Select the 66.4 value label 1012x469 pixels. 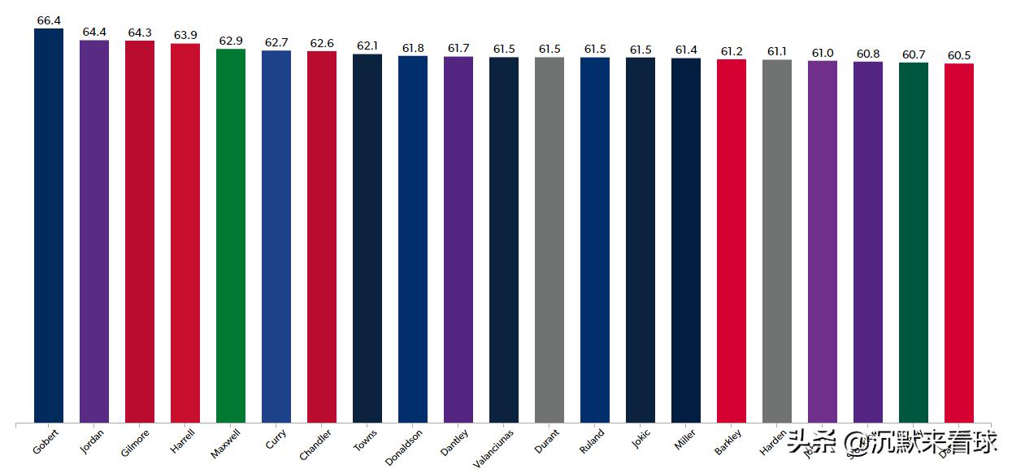tap(49, 20)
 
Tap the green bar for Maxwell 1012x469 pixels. tap(231, 236)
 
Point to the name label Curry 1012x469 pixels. tap(276, 439)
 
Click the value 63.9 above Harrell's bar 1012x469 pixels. tap(185, 35)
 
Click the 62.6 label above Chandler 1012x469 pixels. tap(322, 43)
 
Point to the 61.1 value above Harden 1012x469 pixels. tap(777, 51)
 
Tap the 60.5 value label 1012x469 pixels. tap(959, 55)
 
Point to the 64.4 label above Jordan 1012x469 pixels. tap(94, 32)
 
